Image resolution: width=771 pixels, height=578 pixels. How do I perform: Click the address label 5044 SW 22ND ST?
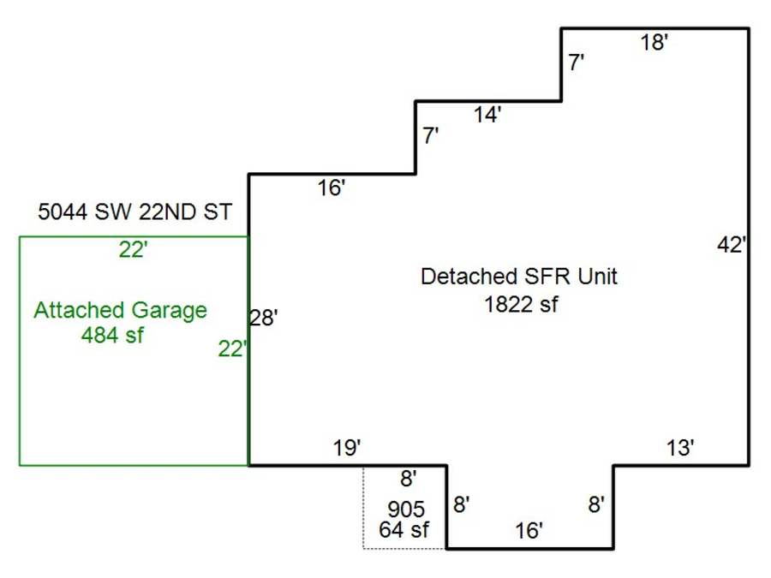[135, 212]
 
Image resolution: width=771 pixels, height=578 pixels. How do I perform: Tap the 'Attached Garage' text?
[120, 310]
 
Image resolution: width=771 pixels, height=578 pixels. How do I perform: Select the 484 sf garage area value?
[112, 335]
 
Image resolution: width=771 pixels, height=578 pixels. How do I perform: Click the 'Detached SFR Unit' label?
[519, 277]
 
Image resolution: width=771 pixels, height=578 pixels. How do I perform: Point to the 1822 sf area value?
[521, 303]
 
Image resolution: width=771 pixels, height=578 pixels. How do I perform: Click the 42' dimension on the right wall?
[732, 245]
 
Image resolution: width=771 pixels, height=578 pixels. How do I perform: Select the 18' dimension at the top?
[654, 43]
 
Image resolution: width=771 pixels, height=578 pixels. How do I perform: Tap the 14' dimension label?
[487, 115]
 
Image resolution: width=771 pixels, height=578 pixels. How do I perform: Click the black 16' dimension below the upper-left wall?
[331, 188]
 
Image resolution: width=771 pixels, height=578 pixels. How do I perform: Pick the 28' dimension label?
[263, 319]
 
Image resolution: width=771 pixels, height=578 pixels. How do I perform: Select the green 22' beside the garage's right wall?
[232, 349]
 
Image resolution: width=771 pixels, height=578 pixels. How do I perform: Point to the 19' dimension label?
[346, 448]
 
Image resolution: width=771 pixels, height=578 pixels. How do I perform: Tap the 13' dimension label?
[679, 448]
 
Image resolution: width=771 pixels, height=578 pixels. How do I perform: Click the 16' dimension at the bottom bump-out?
[529, 531]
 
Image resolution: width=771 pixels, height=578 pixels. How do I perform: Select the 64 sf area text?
[403, 530]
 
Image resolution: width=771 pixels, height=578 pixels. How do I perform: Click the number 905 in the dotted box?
[405, 510]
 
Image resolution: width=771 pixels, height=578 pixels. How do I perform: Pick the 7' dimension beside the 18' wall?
[577, 63]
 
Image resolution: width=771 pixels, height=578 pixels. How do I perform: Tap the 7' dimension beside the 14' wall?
[431, 136]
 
